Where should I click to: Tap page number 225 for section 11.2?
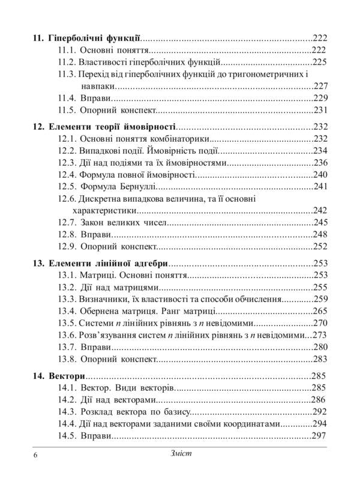click(x=319, y=61)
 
